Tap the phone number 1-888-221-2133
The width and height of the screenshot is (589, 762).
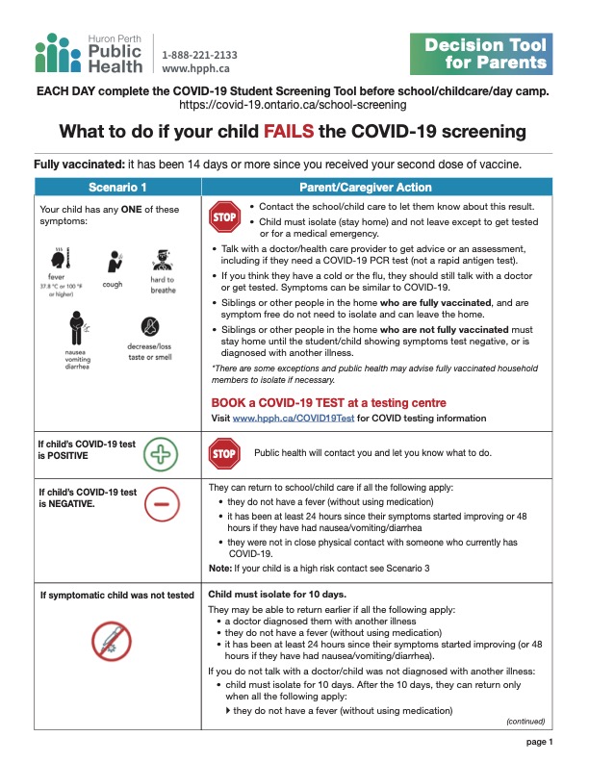pyautogui.click(x=199, y=55)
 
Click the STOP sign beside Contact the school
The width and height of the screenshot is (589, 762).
pyautogui.click(x=223, y=216)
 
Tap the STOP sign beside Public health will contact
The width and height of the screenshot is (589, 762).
pyautogui.click(x=223, y=453)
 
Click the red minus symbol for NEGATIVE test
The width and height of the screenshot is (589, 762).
pyautogui.click(x=161, y=502)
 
